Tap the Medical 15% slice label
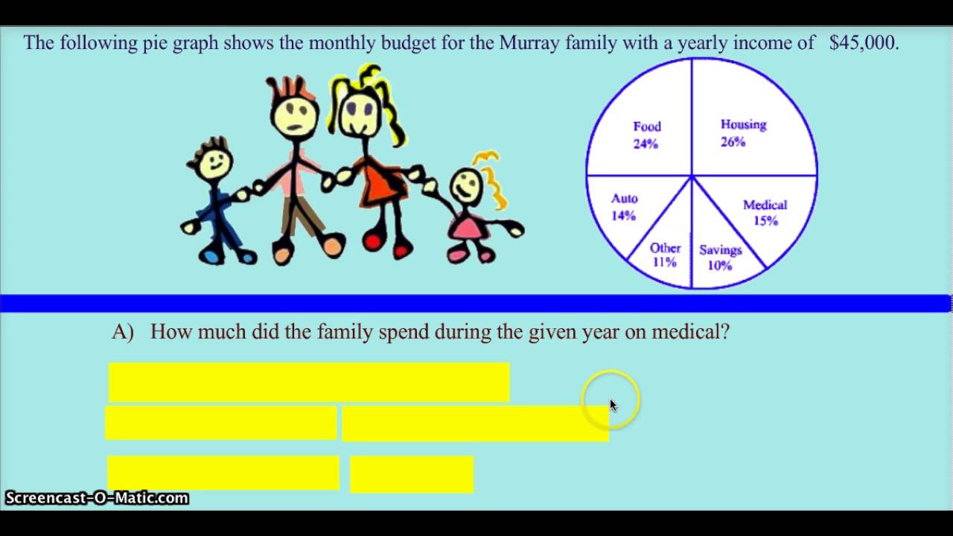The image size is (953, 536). pyautogui.click(x=765, y=212)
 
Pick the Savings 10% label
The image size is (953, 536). pyautogui.click(x=720, y=258)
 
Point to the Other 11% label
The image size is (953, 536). pyautogui.click(x=664, y=255)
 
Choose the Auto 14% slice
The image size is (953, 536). pyautogui.click(x=624, y=207)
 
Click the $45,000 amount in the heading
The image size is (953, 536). pyautogui.click(x=864, y=42)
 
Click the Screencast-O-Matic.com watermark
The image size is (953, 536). pyautogui.click(x=97, y=498)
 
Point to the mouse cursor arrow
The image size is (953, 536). pyautogui.click(x=613, y=405)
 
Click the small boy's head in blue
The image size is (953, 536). pyautogui.click(x=215, y=160)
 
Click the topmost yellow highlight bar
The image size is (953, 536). pyautogui.click(x=309, y=382)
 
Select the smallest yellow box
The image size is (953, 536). pyautogui.click(x=412, y=474)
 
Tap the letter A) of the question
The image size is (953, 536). pyautogui.click(x=123, y=332)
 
